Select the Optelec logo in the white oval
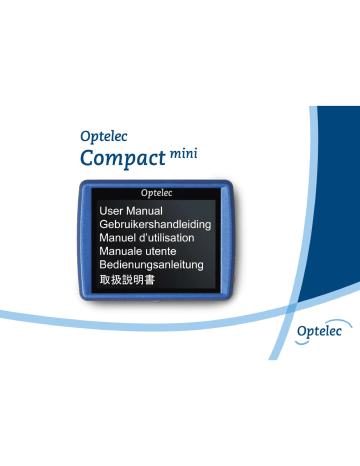(x=318, y=329)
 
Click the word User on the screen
(x=113, y=212)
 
